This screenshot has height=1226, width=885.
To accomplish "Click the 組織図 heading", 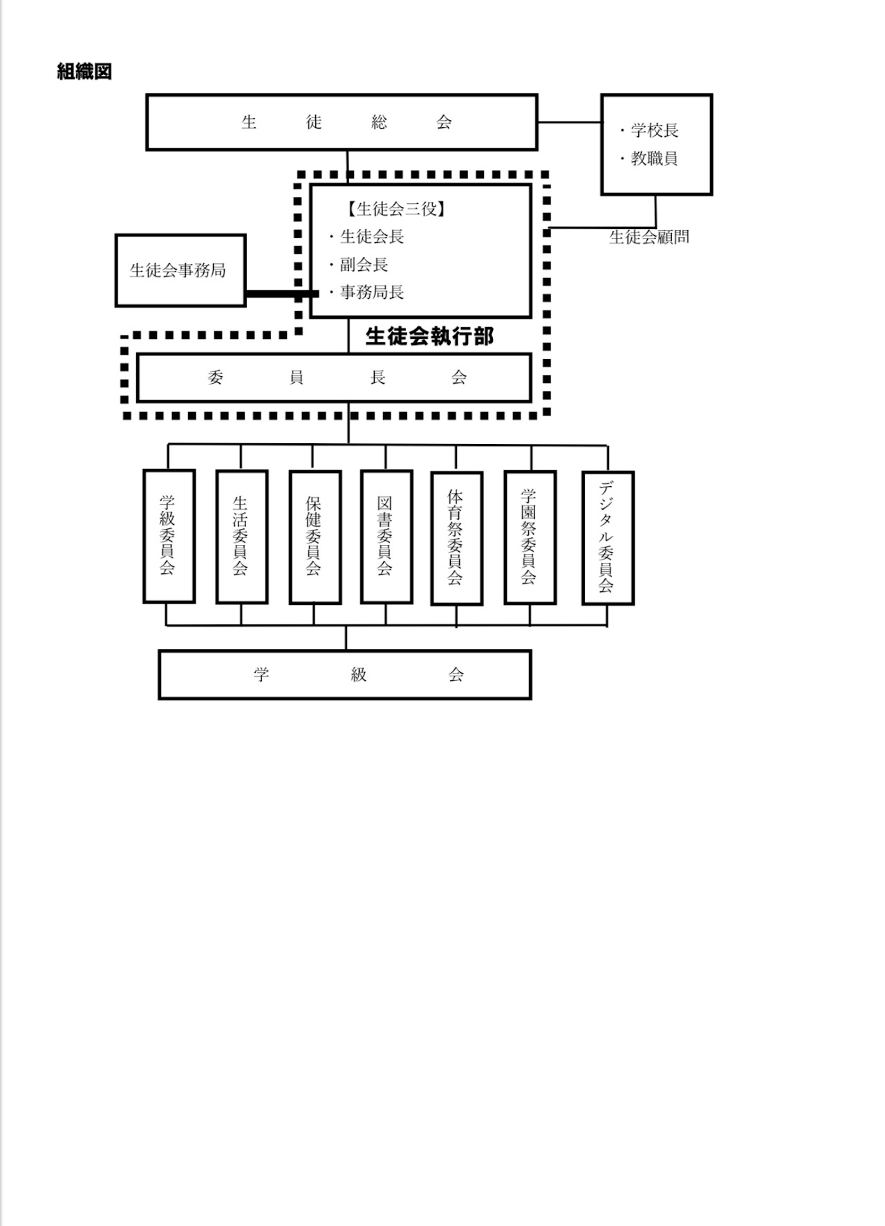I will tap(84, 71).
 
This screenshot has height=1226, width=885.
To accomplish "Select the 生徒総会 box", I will tap(342, 122).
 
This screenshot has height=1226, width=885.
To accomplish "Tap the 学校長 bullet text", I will tap(654, 130).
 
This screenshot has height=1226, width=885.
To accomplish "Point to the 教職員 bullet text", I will tap(653, 158).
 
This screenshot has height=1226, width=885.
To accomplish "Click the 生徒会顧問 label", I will tap(649, 237).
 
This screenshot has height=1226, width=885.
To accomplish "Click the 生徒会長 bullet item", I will tap(371, 236).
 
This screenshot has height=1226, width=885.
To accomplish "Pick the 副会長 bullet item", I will tap(364, 264).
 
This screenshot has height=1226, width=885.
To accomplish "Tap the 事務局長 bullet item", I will tap(371, 292).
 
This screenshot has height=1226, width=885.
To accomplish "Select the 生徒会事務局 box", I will tap(180, 270).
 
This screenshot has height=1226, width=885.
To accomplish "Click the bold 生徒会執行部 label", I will tap(429, 336).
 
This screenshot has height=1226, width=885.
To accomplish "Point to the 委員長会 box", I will tap(335, 378).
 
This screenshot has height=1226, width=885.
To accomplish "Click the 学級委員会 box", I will tap(169, 536).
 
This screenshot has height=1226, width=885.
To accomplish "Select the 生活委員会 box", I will tap(241, 537).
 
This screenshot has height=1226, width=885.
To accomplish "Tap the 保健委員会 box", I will tap(315, 537).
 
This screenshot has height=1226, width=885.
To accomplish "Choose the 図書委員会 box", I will tap(386, 537).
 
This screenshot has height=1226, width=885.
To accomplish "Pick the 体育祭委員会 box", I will tap(456, 538).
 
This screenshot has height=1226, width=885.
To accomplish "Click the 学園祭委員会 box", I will tap(530, 537).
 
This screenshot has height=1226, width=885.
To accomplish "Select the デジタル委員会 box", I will tap(608, 538).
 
